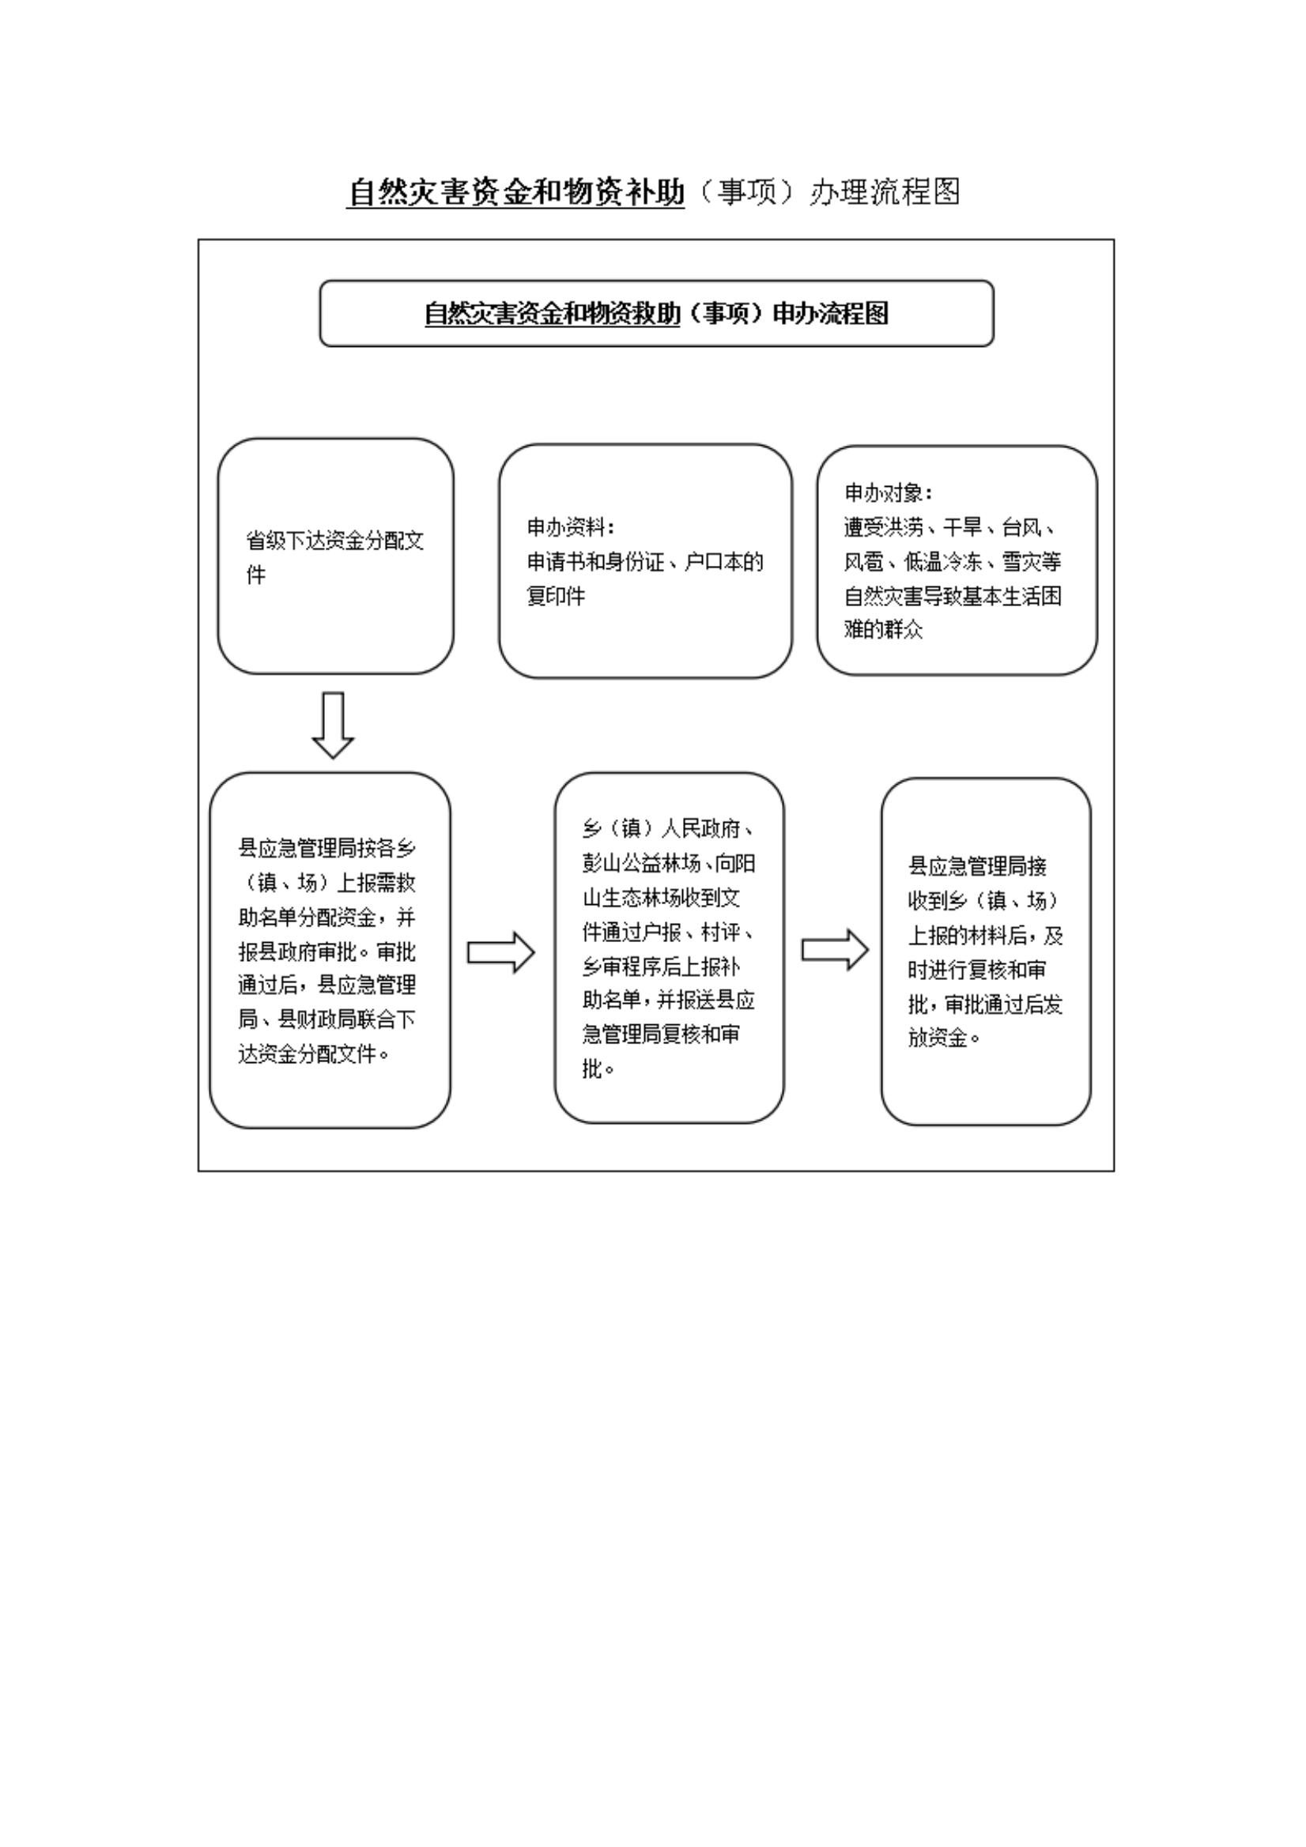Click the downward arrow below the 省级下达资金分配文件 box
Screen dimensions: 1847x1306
click(x=332, y=724)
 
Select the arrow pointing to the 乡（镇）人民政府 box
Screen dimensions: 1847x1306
click(x=500, y=952)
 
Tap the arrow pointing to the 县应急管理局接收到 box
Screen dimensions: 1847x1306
click(x=835, y=950)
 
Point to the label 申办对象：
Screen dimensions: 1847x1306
click(x=889, y=492)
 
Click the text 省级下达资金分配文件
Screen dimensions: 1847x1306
click(x=334, y=556)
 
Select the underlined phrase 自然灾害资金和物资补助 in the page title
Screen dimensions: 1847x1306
click(x=515, y=192)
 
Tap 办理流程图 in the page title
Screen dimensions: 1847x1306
click(x=885, y=192)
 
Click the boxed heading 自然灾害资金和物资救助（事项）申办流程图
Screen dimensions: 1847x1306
click(x=656, y=314)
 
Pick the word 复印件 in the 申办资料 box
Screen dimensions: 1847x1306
click(x=555, y=596)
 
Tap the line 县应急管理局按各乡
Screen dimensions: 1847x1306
click(x=326, y=849)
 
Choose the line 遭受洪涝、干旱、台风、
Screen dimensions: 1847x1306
click(x=950, y=527)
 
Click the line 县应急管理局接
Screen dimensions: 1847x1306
click(x=977, y=866)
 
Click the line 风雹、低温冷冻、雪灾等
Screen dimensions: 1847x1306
click(x=952, y=561)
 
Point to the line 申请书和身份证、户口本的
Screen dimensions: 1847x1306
click(x=644, y=561)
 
